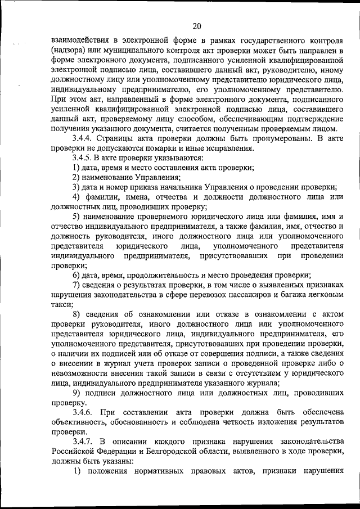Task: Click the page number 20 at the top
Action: tap(196, 25)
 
